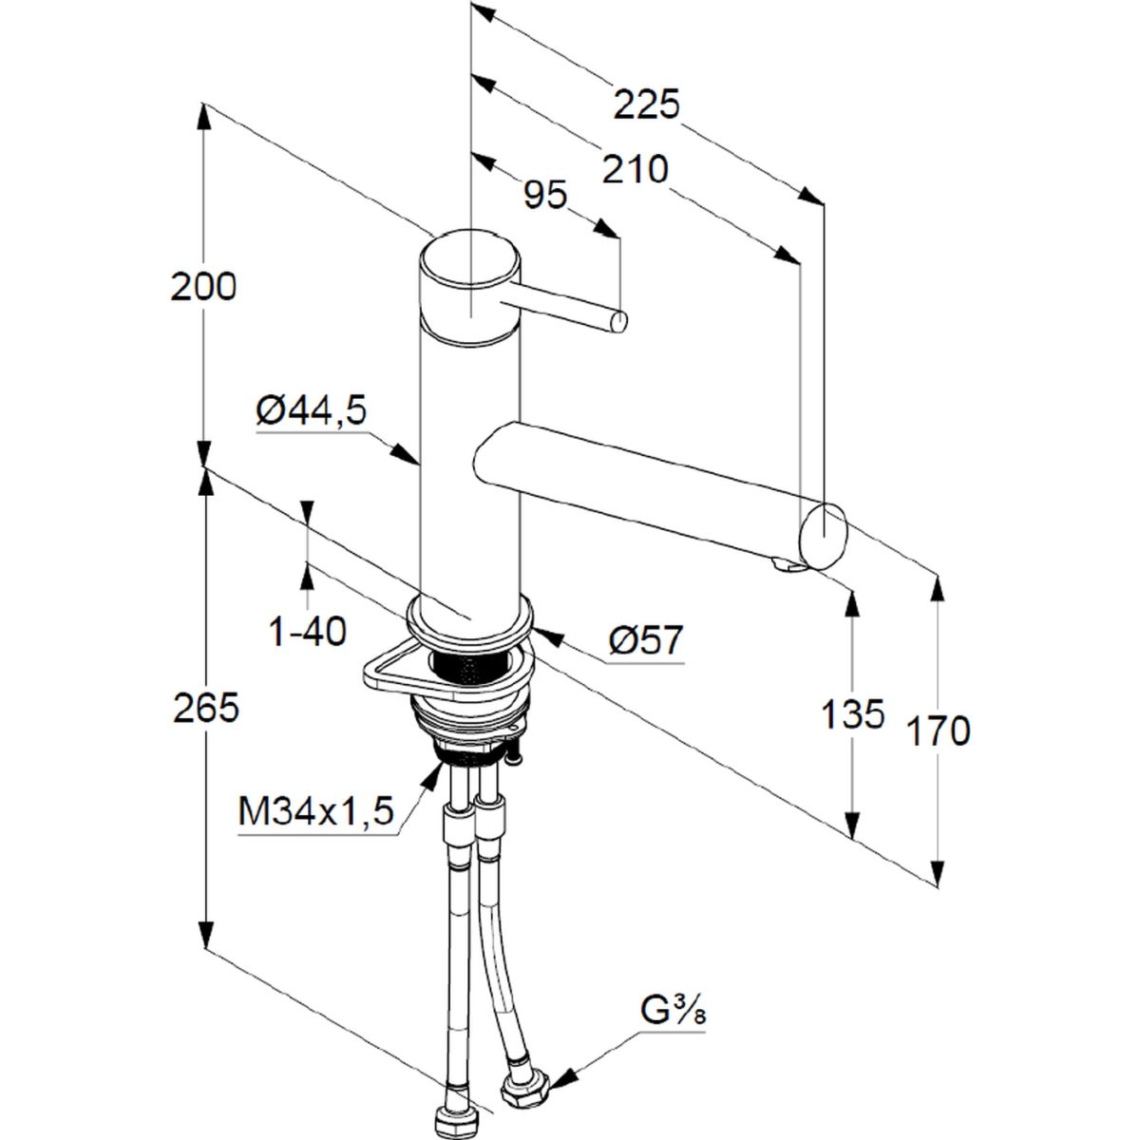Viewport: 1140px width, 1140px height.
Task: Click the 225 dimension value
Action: (647, 104)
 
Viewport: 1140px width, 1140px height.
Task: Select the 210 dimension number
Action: (636, 170)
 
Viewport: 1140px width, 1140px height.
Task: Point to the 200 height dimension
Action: (203, 288)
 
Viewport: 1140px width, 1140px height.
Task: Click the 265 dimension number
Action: (205, 707)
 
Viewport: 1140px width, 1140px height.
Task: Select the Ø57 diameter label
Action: (645, 639)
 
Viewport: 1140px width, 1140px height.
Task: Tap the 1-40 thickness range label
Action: (307, 631)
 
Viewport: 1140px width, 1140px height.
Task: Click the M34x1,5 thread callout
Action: (315, 810)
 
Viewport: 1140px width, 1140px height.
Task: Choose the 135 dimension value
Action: (852, 713)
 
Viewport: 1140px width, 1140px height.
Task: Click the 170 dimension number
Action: (939, 731)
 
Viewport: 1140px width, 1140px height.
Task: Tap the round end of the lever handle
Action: (618, 321)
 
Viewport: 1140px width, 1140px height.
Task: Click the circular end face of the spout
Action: (824, 536)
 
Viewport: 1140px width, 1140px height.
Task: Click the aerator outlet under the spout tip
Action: (787, 567)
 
